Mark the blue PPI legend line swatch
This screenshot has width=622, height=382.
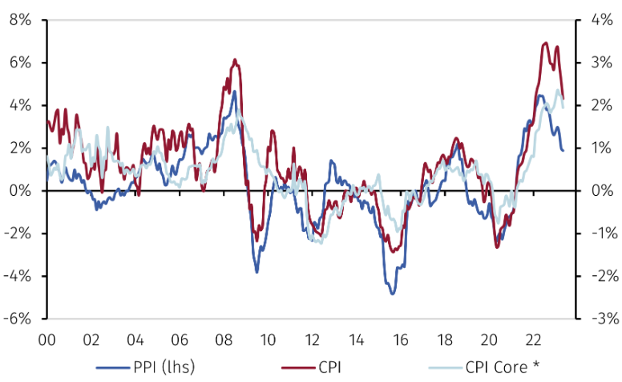pos(112,368)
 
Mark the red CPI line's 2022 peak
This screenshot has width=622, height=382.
pos(547,43)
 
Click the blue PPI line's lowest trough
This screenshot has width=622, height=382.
pos(393,294)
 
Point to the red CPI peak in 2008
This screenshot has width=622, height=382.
pos(235,59)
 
